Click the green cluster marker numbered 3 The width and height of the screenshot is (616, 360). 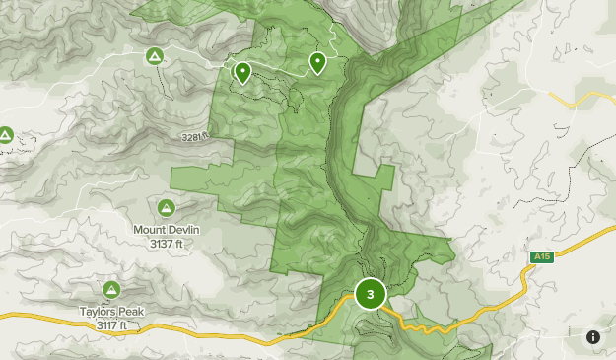point(370,294)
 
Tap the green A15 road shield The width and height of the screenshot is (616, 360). point(540,257)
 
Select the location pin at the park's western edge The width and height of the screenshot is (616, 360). point(241,72)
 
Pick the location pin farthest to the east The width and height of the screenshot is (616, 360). point(317,63)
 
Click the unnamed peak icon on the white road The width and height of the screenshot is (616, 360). point(155,56)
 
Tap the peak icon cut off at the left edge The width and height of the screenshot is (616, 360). point(4,134)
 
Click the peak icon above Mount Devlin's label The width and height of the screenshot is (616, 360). point(165,207)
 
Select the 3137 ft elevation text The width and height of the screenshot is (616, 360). point(166,242)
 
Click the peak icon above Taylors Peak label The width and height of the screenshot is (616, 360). point(111,288)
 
